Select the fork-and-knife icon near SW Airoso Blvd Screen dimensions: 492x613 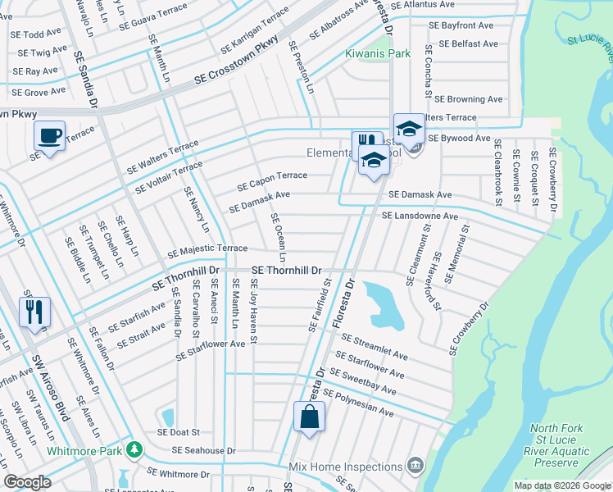pos(34,312)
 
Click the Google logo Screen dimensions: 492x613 pos(28,482)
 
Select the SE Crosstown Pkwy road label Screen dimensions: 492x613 pos(238,66)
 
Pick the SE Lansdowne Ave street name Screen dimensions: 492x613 pos(420,216)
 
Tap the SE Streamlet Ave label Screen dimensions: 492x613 pos(375,348)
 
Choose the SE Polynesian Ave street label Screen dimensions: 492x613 pos(357,401)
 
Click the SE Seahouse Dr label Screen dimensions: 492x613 pos(203,451)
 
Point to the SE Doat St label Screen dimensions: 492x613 pos(179,432)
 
